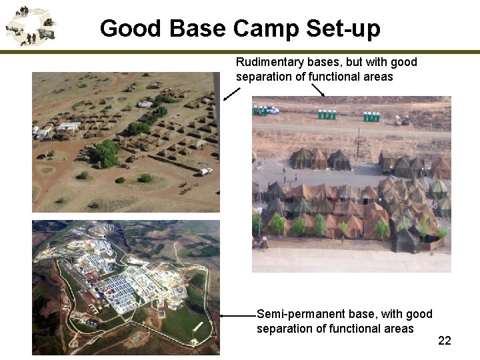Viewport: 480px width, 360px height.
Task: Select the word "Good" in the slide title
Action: (x=130, y=29)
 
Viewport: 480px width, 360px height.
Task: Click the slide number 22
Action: (x=445, y=341)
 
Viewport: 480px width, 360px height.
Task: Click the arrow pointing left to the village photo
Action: (x=231, y=93)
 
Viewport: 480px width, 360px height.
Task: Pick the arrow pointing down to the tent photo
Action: (x=318, y=89)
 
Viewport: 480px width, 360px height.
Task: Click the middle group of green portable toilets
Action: (x=327, y=115)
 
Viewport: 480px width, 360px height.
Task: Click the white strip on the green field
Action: (x=197, y=326)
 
